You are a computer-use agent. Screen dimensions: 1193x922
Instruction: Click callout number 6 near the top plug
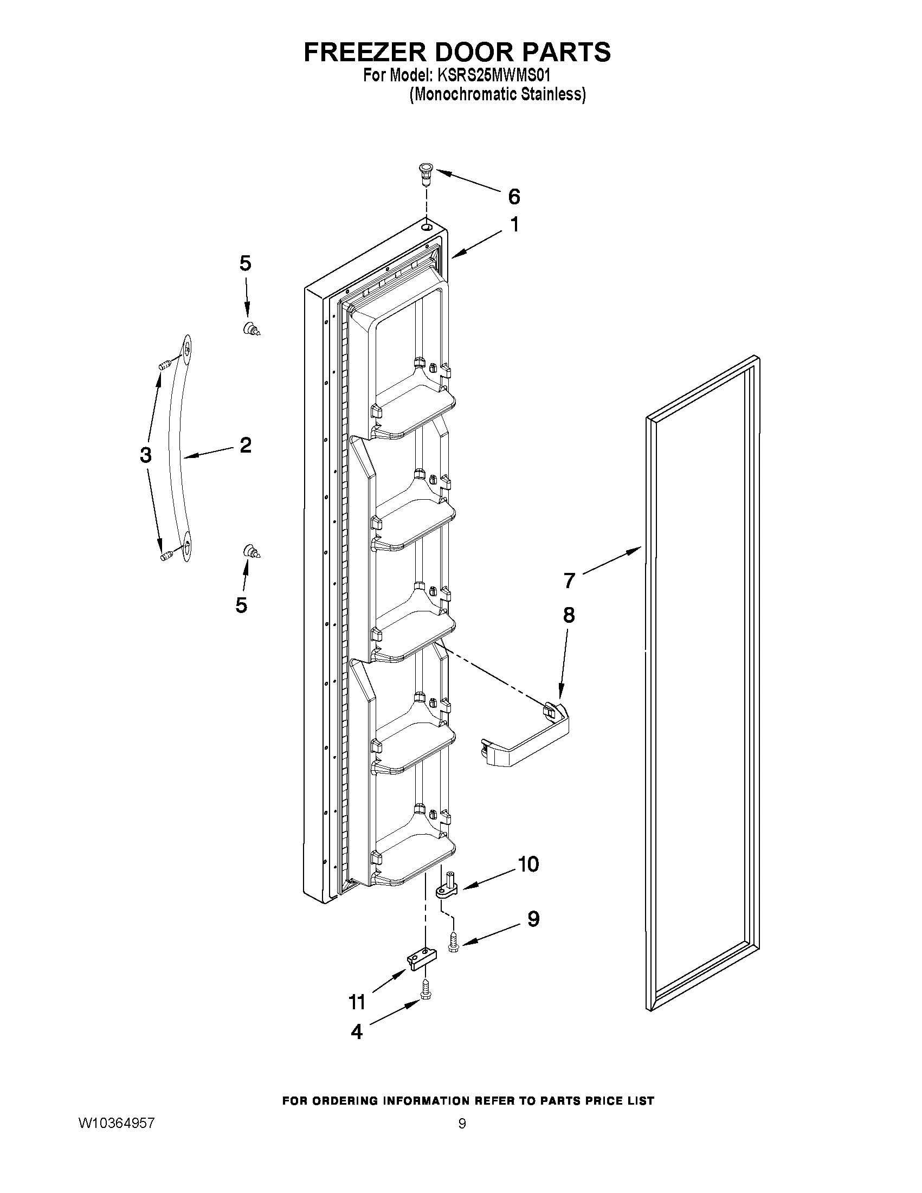pos(514,197)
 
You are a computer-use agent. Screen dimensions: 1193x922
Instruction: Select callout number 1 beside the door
pos(514,224)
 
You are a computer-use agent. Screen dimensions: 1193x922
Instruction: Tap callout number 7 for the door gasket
pos(569,580)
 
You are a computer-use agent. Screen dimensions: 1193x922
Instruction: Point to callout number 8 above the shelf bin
pos(569,615)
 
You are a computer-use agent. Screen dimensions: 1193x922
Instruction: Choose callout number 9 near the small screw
pos(533,918)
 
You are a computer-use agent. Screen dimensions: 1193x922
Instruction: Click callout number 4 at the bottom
pos(357,1031)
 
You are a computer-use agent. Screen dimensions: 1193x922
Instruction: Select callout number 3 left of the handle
pos(145,454)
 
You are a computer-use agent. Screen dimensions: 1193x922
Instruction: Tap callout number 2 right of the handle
pos(245,445)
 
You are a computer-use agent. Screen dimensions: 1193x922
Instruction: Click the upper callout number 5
pos(245,263)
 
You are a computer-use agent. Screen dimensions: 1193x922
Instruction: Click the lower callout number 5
pos(241,605)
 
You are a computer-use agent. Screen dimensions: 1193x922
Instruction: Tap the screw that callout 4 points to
pos(425,997)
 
